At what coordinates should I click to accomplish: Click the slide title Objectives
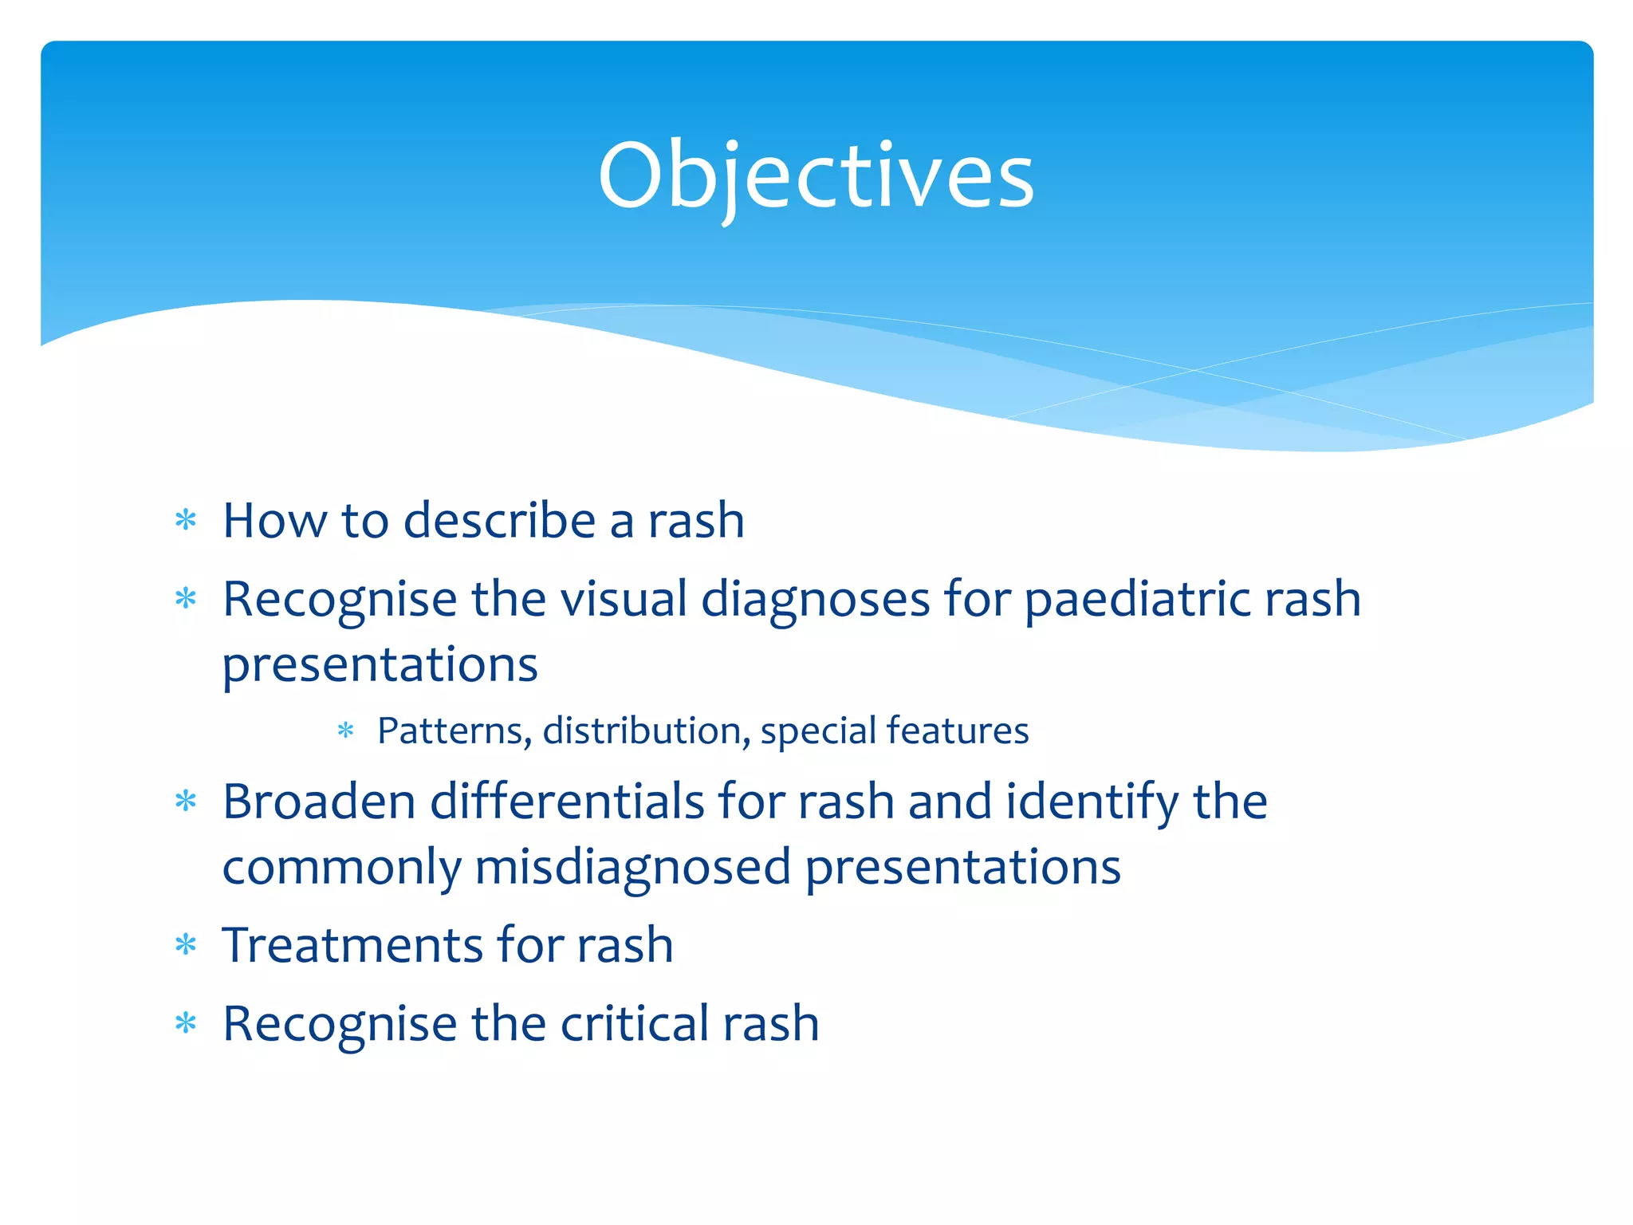816,175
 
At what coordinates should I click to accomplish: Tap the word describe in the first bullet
499,521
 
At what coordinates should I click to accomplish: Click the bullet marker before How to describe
186,521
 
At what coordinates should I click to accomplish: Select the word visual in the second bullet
624,599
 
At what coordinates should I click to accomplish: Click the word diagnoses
815,599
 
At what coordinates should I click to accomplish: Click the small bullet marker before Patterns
345,731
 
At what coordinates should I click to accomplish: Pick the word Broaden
319,802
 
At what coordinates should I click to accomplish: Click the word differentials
567,802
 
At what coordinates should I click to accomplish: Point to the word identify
1092,802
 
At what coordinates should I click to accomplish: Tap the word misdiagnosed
632,867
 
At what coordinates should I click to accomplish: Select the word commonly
341,867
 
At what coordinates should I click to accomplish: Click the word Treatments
352,945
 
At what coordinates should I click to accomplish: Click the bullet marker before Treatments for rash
186,946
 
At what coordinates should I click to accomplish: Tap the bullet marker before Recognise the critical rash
186,1024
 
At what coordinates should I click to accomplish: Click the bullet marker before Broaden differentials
186,802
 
